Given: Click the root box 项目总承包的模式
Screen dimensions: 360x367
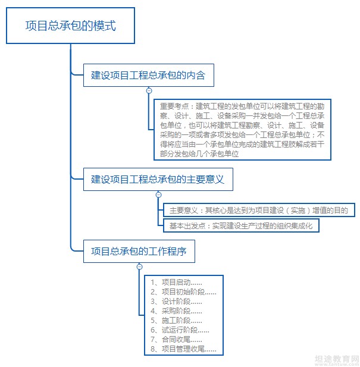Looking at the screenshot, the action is pyautogui.click(x=70, y=26).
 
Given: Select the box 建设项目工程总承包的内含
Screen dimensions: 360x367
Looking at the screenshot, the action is pyautogui.click(x=149, y=75).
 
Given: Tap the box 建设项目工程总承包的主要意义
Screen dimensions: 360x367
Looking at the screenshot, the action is pyautogui.click(x=158, y=179).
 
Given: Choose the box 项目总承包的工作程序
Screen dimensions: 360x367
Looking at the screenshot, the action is pyautogui.click(x=139, y=251).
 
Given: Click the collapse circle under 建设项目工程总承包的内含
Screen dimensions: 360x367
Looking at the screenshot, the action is pyautogui.click(x=149, y=90).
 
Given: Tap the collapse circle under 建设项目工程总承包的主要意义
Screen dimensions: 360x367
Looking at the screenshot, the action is pyautogui.click(x=159, y=195).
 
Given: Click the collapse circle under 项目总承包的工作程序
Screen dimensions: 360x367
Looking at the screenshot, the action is pyautogui.click(x=139, y=266).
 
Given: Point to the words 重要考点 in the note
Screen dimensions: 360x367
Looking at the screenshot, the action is pyautogui.click(x=174, y=106).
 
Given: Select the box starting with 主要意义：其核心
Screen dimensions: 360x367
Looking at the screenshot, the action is pyautogui.click(x=259, y=210).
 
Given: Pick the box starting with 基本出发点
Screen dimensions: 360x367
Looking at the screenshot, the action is pyautogui.click(x=241, y=225).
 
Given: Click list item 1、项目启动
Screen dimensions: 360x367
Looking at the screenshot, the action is pyautogui.click(x=176, y=283).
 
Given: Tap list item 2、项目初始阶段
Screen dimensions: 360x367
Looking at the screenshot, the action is pyautogui.click(x=183, y=292).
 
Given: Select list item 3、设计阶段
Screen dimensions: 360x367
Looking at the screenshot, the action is pyautogui.click(x=176, y=302).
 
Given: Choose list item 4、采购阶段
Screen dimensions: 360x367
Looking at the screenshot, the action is pyautogui.click(x=176, y=311).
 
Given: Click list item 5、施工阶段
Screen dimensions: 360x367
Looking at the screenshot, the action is pyautogui.click(x=176, y=321).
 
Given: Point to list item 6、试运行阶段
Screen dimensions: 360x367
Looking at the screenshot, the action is pyautogui.click(x=180, y=330).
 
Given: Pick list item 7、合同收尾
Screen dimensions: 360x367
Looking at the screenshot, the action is pyautogui.click(x=176, y=340).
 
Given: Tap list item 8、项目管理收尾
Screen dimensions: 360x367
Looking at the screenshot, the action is pyautogui.click(x=183, y=349).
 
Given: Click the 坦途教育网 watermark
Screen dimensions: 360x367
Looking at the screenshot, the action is pyautogui.click(x=337, y=359).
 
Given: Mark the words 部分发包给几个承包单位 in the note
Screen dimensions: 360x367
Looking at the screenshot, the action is pyautogui.click(x=199, y=154).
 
